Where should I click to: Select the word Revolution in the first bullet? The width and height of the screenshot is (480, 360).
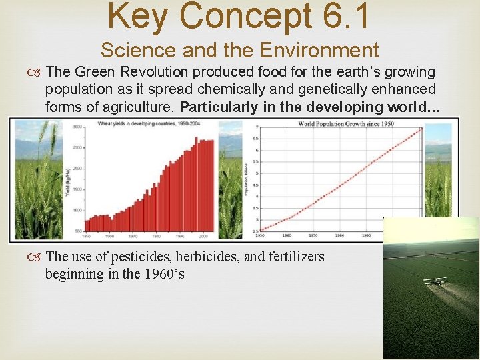click(139, 72)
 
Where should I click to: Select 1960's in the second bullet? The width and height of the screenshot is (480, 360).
click(159, 274)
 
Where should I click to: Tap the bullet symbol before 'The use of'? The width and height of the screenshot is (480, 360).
click(36, 257)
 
